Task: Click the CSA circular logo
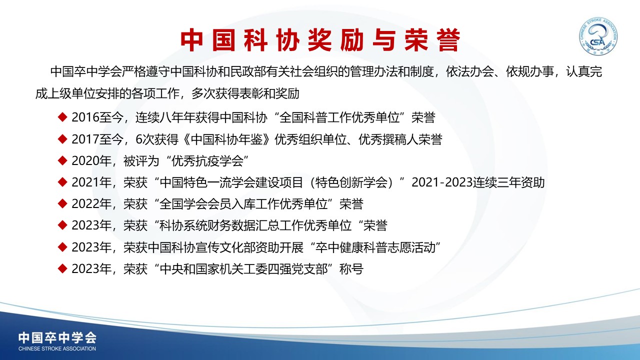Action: tap(598, 36)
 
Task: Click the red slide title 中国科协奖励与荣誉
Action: tap(320, 40)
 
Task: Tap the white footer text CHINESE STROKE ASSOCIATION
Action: tap(57, 348)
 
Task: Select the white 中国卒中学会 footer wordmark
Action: tap(57, 337)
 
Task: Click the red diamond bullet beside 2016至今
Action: tap(62, 117)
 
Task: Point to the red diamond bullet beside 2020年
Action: tap(62, 160)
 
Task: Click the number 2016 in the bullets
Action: tap(85, 117)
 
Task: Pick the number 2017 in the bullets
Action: tap(85, 139)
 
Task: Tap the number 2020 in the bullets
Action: tap(85, 161)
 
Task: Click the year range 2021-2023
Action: tap(441, 182)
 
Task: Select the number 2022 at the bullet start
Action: tap(85, 204)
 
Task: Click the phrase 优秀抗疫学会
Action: tap(207, 161)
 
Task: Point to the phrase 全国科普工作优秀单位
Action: tap(339, 117)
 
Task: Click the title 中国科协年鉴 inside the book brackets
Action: tap(227, 139)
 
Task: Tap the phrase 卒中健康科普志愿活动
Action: tap(375, 247)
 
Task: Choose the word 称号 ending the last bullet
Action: tap(351, 269)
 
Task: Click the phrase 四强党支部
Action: tap(297, 269)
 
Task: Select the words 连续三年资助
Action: tap(508, 182)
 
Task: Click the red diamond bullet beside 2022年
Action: tap(62, 203)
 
